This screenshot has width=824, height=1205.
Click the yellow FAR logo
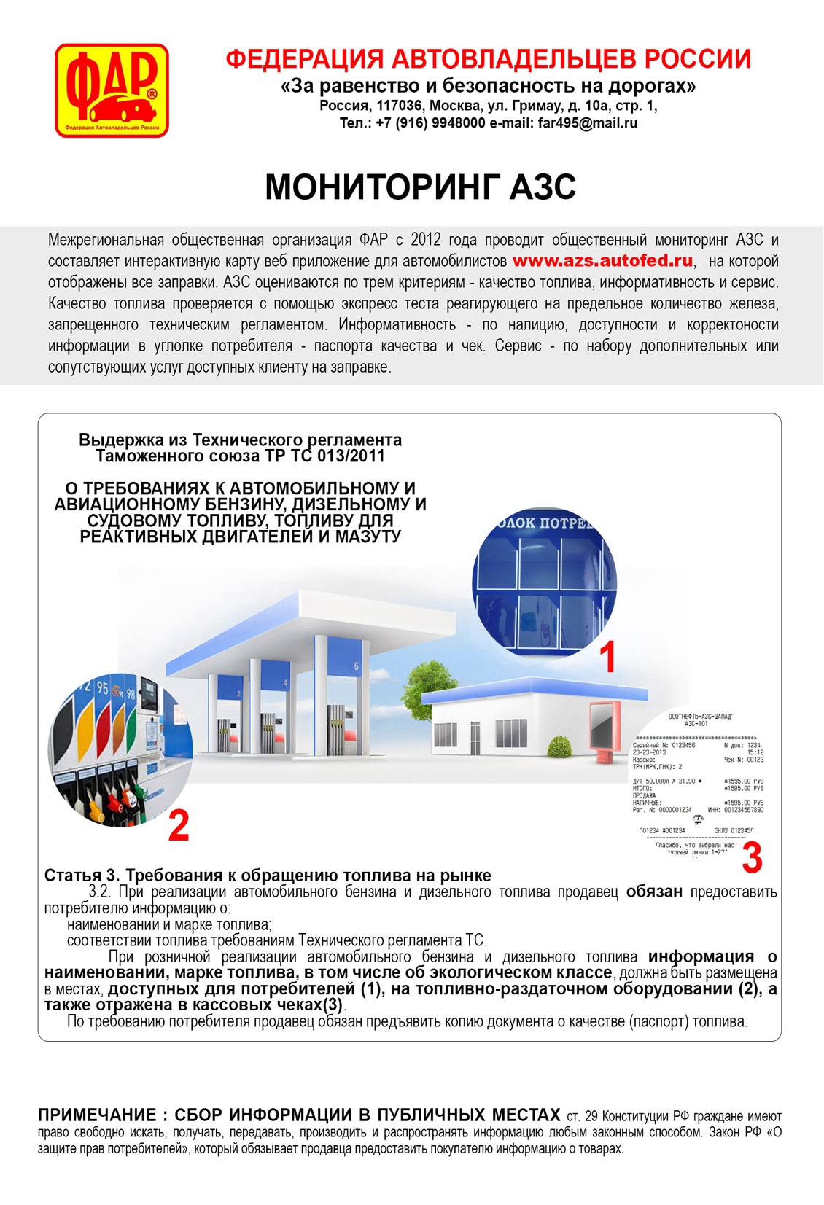pyautogui.click(x=112, y=90)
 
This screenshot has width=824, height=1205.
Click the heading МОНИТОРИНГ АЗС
pyautogui.click(x=420, y=187)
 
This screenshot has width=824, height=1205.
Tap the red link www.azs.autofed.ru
pyautogui.click(x=602, y=261)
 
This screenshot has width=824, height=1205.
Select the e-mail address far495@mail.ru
pyautogui.click(x=588, y=123)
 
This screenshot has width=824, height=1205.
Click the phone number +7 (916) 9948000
pyautogui.click(x=430, y=123)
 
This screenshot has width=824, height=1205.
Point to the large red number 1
pyautogui.click(x=607, y=657)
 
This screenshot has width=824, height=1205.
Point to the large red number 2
pyautogui.click(x=179, y=825)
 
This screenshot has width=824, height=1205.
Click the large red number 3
pyautogui.click(x=752, y=858)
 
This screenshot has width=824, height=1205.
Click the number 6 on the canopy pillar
pyautogui.click(x=357, y=666)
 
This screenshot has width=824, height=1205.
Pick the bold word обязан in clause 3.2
pyautogui.click(x=654, y=892)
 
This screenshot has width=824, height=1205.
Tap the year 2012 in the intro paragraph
pyautogui.click(x=426, y=240)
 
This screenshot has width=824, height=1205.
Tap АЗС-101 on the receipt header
pyautogui.click(x=696, y=724)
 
